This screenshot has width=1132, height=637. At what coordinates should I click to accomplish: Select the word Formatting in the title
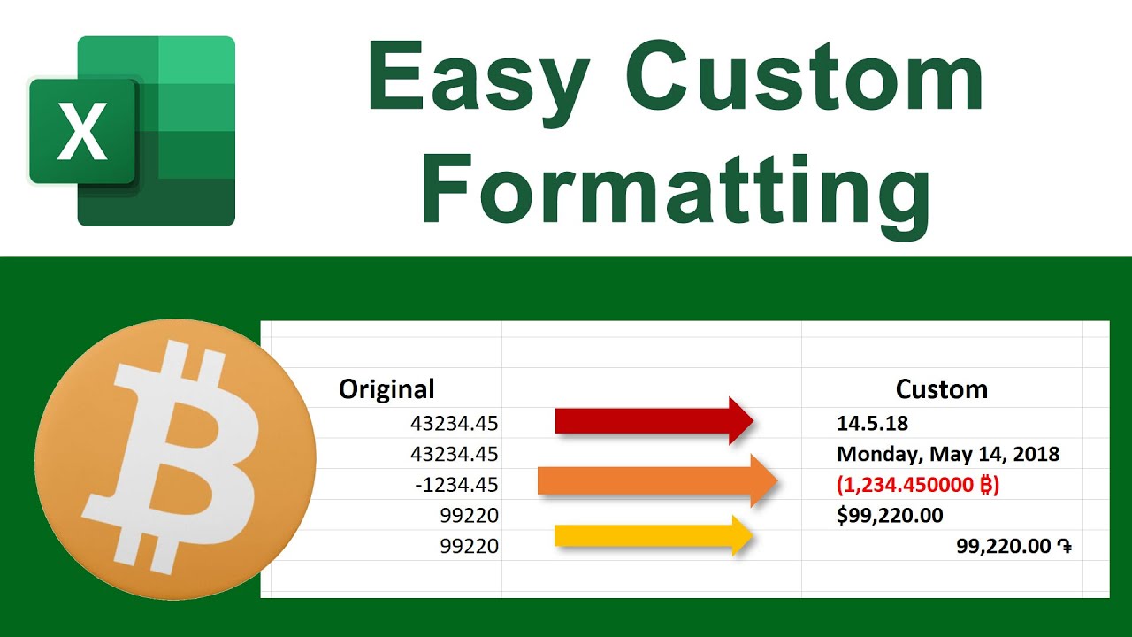pos(675,188)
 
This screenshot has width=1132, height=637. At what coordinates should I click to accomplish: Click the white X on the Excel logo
pos(81,131)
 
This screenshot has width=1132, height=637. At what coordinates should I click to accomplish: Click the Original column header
pos(386,388)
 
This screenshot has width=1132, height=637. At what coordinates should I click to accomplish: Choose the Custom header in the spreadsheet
pos(941,389)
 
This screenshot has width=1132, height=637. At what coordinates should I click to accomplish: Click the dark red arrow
pos(654,420)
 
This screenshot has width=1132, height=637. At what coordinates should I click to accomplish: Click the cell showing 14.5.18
pos(872,424)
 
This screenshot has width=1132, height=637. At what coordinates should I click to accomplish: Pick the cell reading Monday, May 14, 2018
pos(948,455)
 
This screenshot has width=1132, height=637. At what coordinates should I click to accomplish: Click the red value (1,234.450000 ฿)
pos(918,485)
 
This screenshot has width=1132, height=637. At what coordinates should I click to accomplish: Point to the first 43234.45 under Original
pos(454,424)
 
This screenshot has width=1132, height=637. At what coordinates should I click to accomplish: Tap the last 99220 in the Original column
pos(470,547)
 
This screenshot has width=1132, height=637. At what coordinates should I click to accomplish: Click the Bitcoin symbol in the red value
pos(983,485)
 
